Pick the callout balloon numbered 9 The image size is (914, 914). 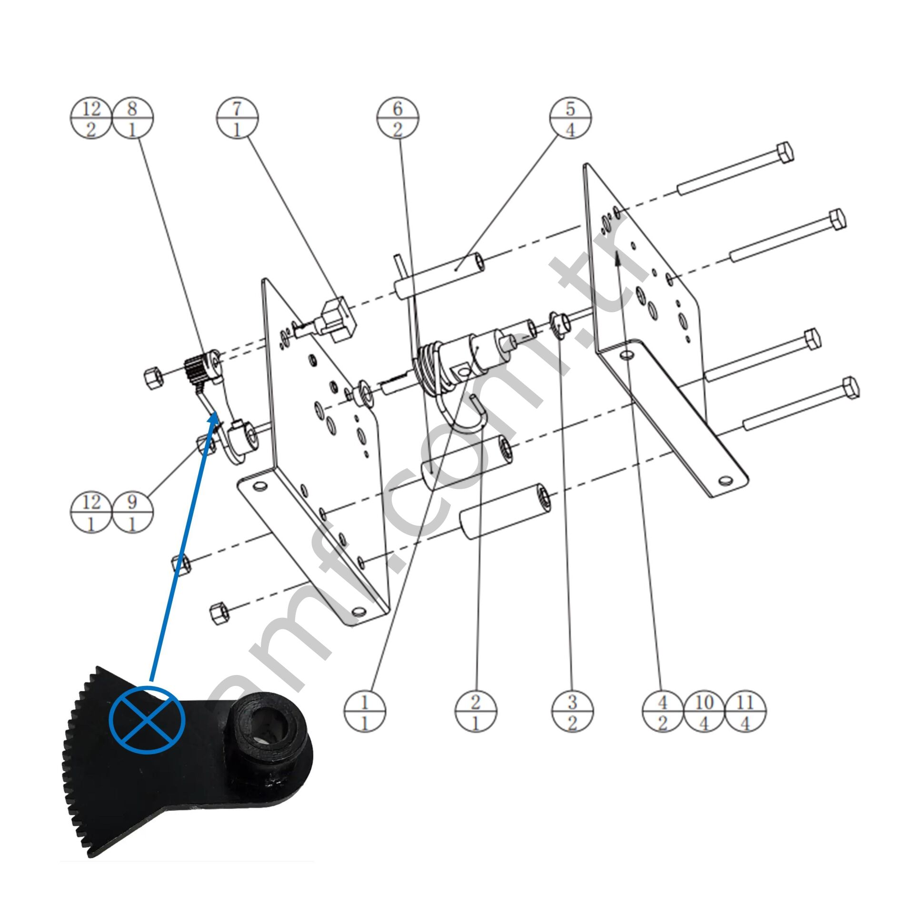pos(132,512)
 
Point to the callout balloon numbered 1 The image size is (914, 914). pos(365,713)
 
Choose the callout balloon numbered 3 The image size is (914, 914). pos(573,713)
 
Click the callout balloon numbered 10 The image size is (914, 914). pos(704,713)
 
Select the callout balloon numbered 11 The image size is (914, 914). pos(745,713)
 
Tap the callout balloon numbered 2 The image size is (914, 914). pos(476,713)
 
